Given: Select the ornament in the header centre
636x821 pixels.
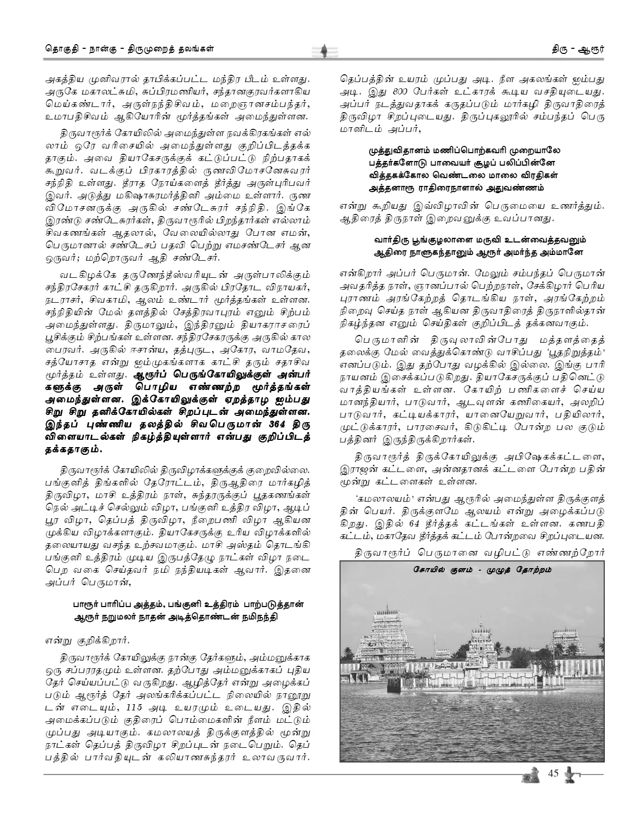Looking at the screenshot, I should pos(322,51).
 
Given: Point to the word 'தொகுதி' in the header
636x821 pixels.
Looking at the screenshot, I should pos(59,50).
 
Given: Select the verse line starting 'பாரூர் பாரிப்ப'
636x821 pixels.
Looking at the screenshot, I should pos(188,604).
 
